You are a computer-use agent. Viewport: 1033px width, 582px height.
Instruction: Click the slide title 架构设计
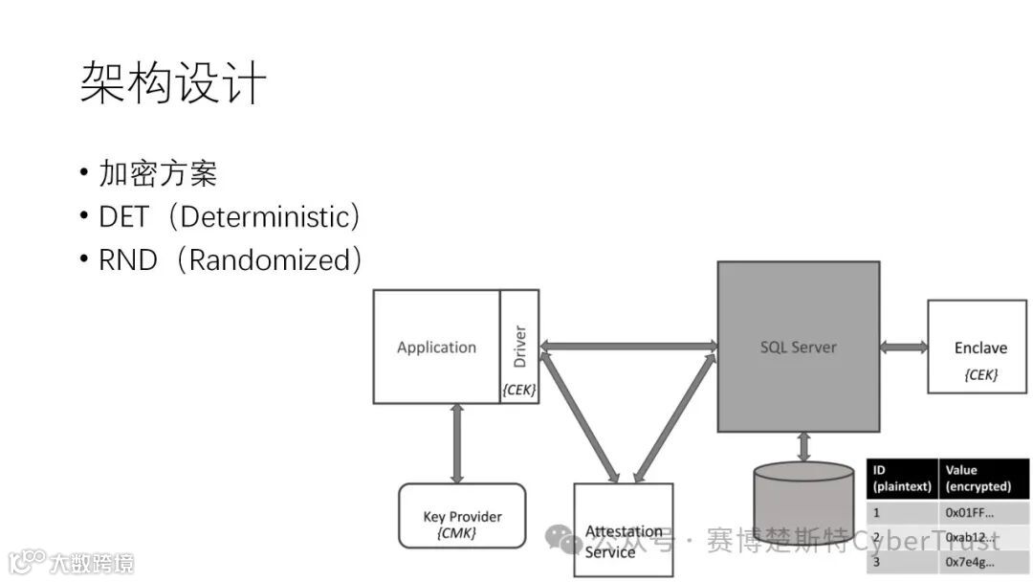[x=172, y=83]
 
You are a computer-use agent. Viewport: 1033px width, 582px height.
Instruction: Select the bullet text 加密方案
[x=158, y=173]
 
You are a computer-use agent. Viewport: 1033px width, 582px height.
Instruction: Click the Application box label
[x=436, y=347]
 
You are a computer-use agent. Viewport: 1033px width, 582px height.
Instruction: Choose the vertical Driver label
[x=520, y=347]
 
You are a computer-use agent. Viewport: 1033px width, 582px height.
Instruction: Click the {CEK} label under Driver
[x=519, y=390]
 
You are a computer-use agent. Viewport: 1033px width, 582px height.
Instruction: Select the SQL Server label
[x=798, y=347]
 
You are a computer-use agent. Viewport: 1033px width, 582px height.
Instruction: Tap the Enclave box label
[x=980, y=347]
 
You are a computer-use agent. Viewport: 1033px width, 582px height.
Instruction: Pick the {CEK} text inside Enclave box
[x=980, y=374]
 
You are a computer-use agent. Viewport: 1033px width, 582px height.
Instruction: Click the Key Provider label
[x=462, y=517]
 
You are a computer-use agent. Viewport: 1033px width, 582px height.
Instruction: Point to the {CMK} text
[x=456, y=533]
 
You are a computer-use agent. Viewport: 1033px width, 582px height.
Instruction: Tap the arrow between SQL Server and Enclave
[x=904, y=347]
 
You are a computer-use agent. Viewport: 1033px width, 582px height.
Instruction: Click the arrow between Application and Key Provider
[x=456, y=443]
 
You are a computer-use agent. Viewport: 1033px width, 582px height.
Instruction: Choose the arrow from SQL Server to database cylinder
[x=803, y=447]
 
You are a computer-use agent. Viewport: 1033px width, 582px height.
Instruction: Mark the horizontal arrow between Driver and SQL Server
[x=628, y=346]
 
